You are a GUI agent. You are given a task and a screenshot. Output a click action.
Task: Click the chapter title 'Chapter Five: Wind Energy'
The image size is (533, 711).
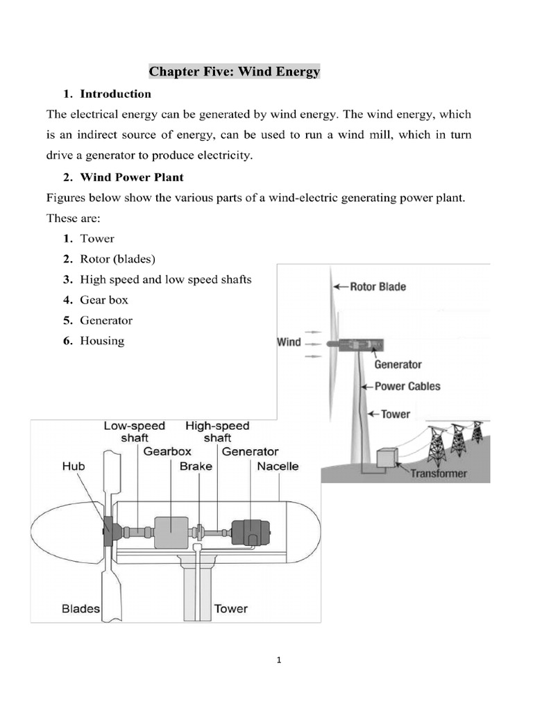coord(235,72)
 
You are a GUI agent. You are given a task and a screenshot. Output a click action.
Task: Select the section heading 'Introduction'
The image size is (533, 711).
coord(115,94)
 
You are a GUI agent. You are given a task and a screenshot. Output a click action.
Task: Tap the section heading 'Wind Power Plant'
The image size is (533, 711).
coord(132,177)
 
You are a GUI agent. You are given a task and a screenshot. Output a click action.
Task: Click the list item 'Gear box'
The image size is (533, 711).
coord(104,300)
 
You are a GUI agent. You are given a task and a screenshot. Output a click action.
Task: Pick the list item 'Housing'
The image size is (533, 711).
coord(102,340)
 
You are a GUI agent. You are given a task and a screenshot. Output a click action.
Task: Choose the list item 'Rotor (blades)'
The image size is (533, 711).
coord(118,259)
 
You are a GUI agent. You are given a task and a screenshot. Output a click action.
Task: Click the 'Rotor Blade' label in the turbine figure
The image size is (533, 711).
coord(378,286)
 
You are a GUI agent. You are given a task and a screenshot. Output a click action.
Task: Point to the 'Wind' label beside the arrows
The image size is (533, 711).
coord(289,342)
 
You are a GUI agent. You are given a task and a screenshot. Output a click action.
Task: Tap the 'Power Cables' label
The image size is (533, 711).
coord(407,386)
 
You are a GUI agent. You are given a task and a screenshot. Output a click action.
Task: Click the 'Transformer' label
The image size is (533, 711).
coord(438,474)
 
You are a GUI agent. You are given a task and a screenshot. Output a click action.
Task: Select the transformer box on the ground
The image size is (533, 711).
coord(386,459)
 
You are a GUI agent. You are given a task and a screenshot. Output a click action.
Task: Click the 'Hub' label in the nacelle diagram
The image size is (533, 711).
coord(73,466)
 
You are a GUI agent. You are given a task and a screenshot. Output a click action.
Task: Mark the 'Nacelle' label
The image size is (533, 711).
coord(278,466)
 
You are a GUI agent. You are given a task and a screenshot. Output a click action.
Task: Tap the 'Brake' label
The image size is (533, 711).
coord(196,466)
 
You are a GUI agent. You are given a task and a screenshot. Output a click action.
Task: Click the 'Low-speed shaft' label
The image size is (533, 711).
coord(135,432)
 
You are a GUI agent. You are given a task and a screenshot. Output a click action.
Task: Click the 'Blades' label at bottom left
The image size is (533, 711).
coord(81,609)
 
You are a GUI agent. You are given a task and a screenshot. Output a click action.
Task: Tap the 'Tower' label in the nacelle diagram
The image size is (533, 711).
coord(230,609)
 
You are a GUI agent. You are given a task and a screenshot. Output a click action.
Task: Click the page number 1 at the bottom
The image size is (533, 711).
coord(278,660)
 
